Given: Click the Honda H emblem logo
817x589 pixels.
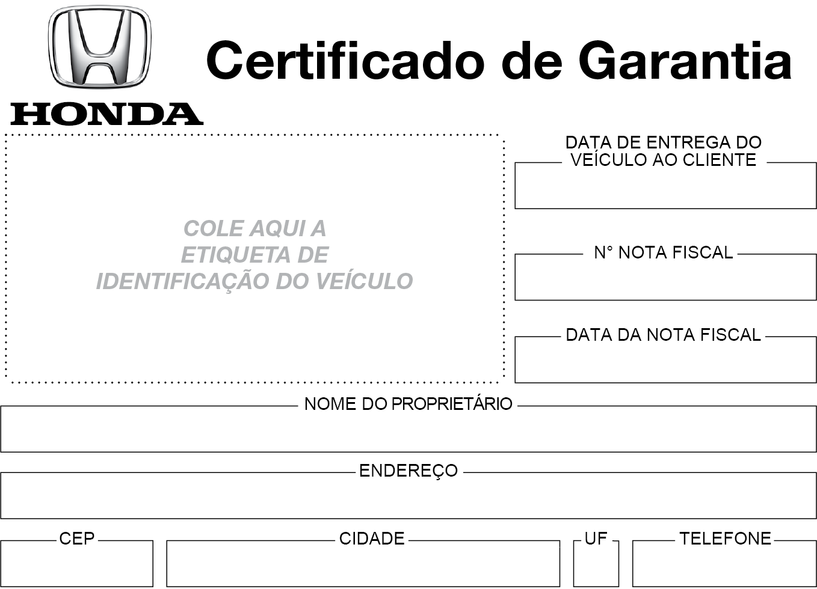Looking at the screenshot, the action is click(100, 46).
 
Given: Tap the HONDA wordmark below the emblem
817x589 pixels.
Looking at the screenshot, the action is click(107, 114).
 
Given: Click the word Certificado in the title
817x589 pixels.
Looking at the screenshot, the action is click(345, 61).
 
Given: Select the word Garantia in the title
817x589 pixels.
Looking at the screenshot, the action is click(685, 61).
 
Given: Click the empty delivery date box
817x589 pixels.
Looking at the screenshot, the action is click(665, 186).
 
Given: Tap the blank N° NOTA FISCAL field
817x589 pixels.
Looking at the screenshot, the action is click(665, 277).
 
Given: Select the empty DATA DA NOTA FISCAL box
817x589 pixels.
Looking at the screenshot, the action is click(665, 360).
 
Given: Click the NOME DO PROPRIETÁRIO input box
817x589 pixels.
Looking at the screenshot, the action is click(408, 429).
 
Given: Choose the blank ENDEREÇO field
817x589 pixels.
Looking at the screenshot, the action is click(408, 496).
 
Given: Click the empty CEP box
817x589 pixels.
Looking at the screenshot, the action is click(76, 564).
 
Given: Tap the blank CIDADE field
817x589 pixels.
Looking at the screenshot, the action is click(363, 564).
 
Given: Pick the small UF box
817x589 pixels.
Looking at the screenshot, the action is click(596, 564).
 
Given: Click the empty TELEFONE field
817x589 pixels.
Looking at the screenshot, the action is click(724, 564).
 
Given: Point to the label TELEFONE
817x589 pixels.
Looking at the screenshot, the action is click(725, 539).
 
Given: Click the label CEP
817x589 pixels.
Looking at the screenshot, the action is click(77, 539).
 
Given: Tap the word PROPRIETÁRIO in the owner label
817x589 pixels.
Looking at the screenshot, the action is click(452, 404).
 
